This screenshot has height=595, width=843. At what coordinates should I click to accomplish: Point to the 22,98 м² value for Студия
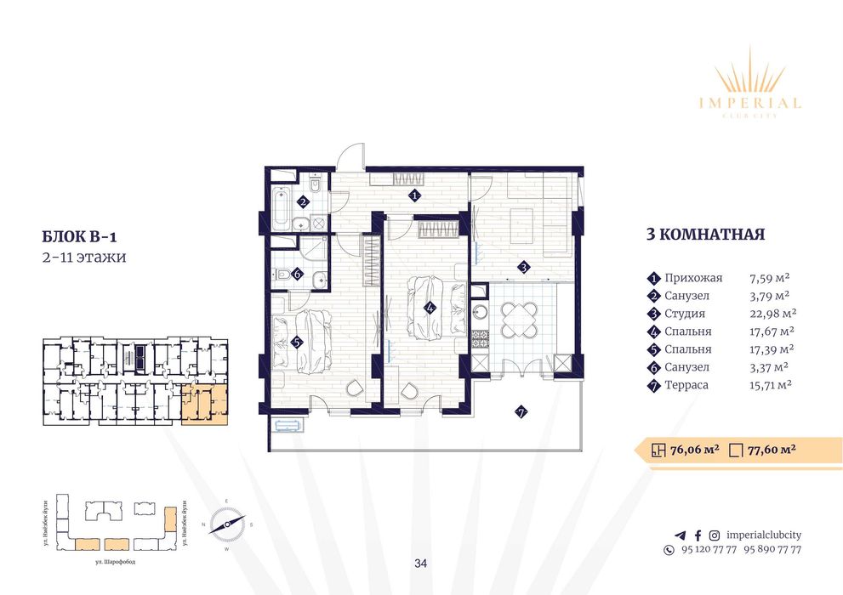[772, 314]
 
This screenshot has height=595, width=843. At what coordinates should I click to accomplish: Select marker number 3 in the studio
[525, 267]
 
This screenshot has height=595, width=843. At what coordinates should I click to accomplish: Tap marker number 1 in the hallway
[414, 195]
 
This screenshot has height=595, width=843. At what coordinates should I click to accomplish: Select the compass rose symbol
[227, 524]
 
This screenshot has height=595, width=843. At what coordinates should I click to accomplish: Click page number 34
[421, 563]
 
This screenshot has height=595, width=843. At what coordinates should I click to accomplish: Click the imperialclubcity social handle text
[760, 535]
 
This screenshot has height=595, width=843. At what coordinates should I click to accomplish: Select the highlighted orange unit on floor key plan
[205, 404]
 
